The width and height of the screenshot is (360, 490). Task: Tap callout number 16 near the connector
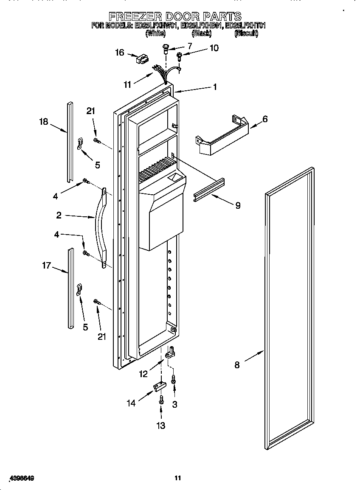[x=120, y=53]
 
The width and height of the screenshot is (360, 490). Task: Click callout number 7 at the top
[x=189, y=46]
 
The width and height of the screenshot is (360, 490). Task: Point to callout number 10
[x=214, y=48]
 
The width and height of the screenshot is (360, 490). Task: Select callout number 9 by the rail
[x=238, y=205]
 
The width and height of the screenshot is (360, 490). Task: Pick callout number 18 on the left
[x=43, y=122]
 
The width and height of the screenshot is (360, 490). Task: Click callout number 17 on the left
[x=46, y=266]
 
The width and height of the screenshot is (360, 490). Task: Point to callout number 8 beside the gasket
[x=237, y=364]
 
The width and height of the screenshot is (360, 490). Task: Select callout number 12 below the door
[x=143, y=374]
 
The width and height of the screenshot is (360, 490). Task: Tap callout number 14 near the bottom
[x=131, y=403]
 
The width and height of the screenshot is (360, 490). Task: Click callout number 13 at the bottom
[x=161, y=426]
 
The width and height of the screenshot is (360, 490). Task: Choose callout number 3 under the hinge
[x=174, y=405]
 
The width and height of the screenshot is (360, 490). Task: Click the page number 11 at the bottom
[x=178, y=478]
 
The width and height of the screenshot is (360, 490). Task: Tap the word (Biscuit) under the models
[x=246, y=33]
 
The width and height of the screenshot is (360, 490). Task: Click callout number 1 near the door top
[x=215, y=87]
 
